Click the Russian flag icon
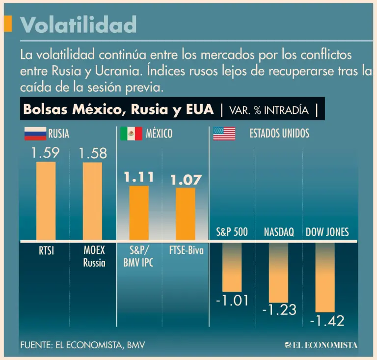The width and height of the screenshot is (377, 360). coord(35,133)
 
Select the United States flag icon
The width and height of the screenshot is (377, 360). coord(224,133)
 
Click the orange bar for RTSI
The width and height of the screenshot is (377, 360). coord(46,200)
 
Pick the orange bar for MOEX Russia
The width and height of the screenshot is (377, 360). coord(92,200)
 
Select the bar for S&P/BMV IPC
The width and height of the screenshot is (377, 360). coord(138,213)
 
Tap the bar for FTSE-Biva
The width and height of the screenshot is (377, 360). coord(185,214)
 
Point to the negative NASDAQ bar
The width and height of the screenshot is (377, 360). coord(278,272)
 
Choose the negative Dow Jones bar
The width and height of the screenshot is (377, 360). coord(324,277)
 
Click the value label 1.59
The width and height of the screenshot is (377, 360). coord(46,153)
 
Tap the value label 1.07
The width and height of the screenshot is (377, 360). coord(186,180)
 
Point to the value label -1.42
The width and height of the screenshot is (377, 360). coord(327,321)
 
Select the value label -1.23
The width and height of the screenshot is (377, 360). coord(280,310)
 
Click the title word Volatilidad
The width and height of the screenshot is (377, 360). coord(79,24)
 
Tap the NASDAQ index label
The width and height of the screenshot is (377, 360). coord(279,232)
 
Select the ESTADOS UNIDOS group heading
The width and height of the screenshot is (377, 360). coord(279,133)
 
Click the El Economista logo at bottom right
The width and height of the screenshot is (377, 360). coord(321,345)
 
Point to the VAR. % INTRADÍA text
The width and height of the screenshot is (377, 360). coord(268,110)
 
